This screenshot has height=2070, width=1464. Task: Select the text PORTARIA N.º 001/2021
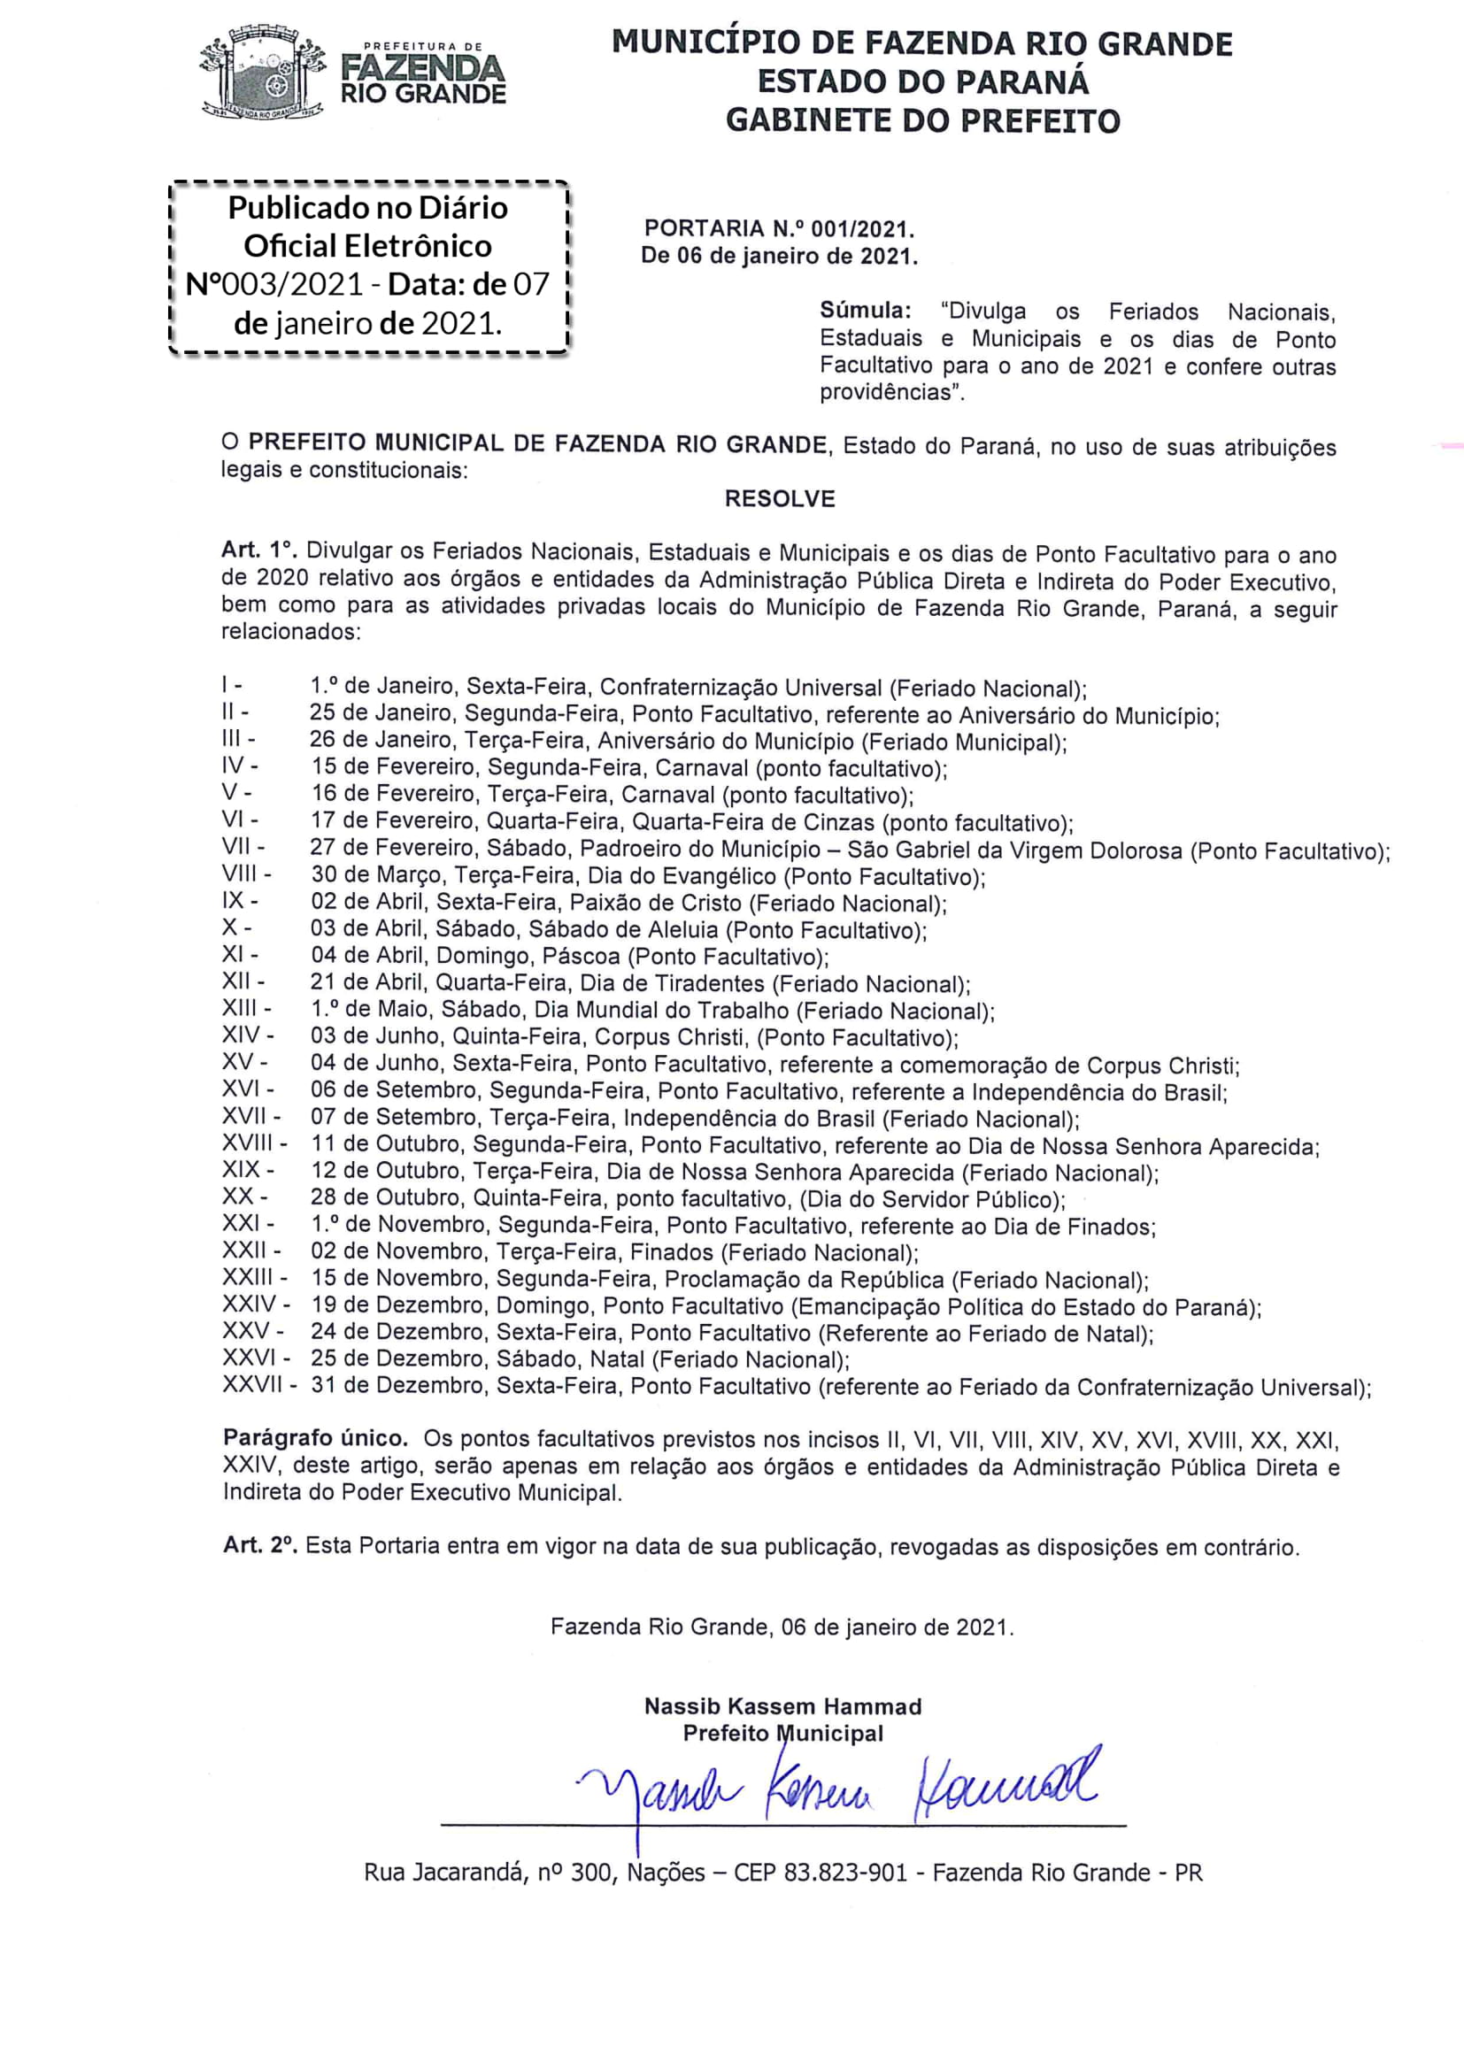(779, 229)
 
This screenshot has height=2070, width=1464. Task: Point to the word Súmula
(865, 311)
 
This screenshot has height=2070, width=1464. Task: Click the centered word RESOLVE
(780, 498)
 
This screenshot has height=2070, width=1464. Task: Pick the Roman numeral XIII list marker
(240, 1009)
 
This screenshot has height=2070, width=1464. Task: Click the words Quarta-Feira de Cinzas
(752, 822)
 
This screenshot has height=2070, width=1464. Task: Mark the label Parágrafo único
(315, 1438)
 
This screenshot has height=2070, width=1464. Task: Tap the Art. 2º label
(258, 1545)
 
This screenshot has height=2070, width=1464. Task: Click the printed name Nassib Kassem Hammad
(782, 1705)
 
